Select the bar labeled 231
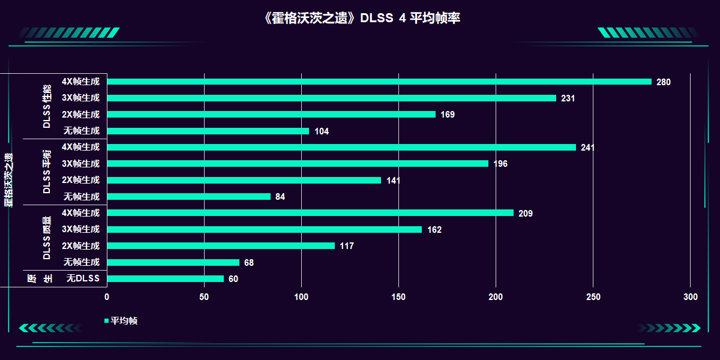coord(332,98)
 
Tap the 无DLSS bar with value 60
coord(166,278)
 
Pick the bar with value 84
coord(189,196)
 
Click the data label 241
coord(587,148)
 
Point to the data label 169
coord(448,115)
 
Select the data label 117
coord(347,246)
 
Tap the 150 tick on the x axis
coord(398,297)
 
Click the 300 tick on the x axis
coord(691,297)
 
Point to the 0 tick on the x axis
coord(107,297)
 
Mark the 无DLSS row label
coord(83,278)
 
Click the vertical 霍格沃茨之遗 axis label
coord(8,180)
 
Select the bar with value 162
coord(265,229)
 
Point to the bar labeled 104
coord(208,131)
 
